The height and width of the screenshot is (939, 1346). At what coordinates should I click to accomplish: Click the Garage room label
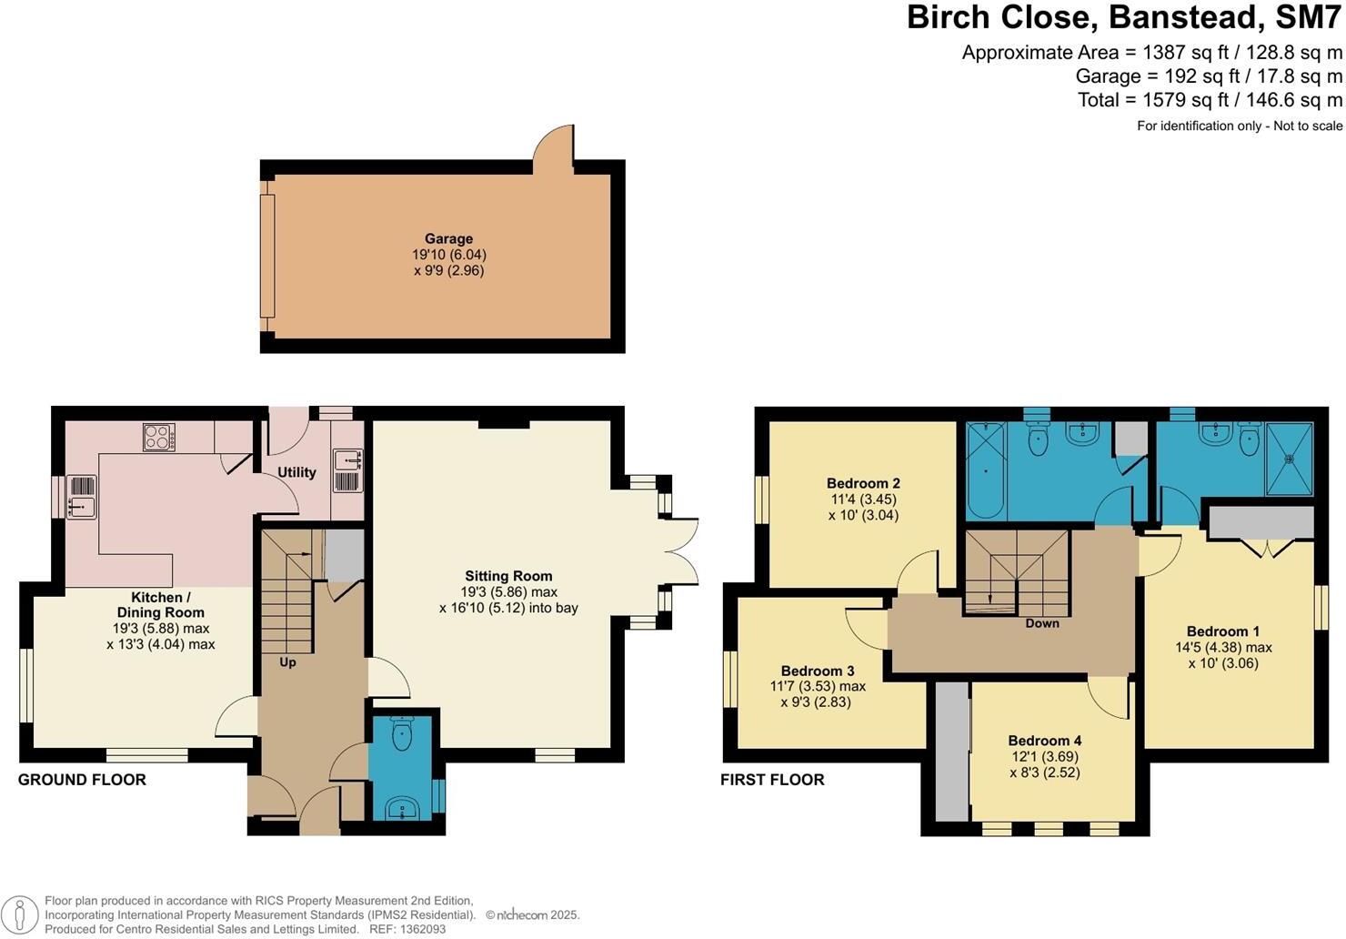[x=448, y=239]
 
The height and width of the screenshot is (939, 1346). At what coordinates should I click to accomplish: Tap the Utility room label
[x=296, y=472]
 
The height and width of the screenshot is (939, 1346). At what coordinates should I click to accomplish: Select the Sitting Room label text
[x=508, y=576]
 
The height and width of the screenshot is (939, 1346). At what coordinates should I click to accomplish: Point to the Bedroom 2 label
[x=863, y=483]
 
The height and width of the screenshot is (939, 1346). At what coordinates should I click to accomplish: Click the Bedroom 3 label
[x=818, y=671]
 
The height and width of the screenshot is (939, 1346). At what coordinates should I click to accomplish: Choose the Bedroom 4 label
[x=1044, y=741]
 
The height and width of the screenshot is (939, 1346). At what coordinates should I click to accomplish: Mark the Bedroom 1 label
[x=1223, y=631]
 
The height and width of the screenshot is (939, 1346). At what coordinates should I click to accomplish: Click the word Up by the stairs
[x=287, y=662]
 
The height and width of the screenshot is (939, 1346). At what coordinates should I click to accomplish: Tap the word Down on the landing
[x=1042, y=623]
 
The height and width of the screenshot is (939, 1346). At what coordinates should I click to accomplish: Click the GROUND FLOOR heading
[x=82, y=780]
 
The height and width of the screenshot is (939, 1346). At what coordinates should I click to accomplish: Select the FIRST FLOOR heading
[x=772, y=780]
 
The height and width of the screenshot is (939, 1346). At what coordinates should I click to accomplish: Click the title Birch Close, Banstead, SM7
[x=1124, y=18]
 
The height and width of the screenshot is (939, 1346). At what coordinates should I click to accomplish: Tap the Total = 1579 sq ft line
[x=1210, y=100]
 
